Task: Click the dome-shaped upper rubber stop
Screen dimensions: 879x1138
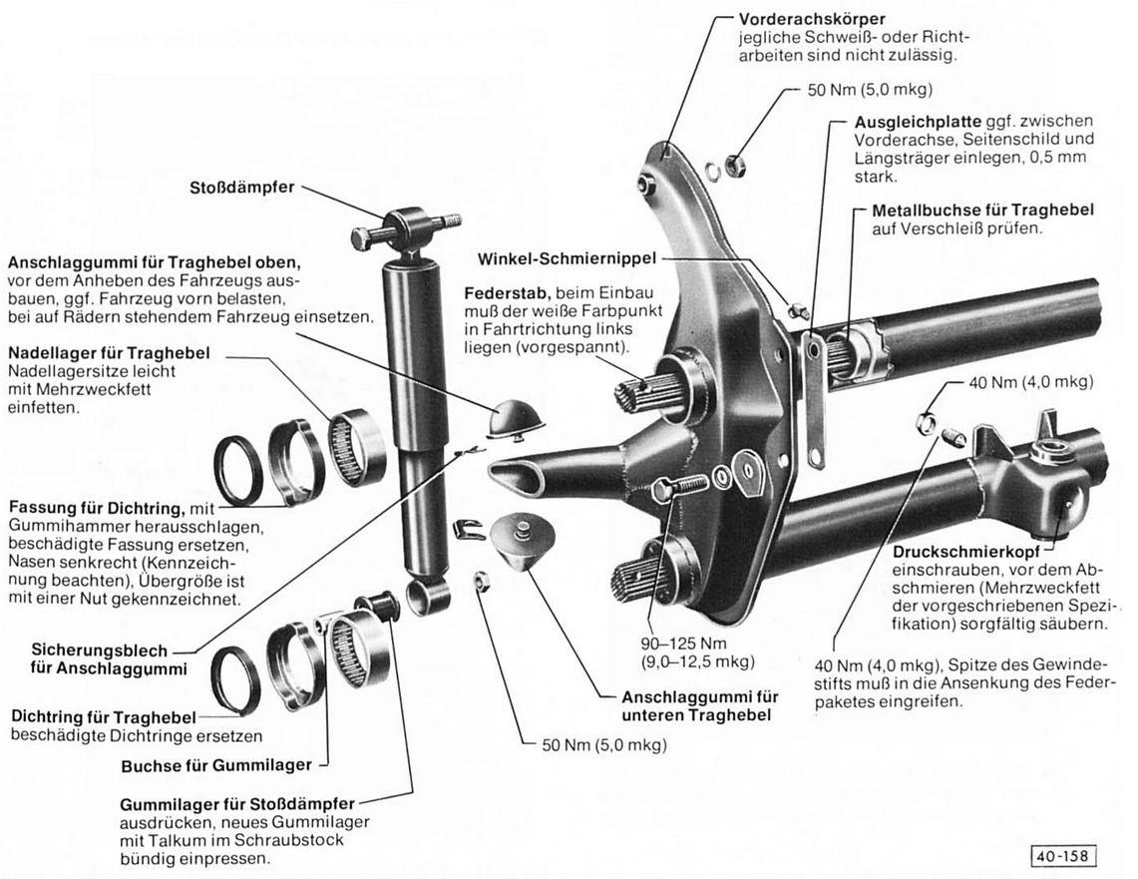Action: pos(516,413)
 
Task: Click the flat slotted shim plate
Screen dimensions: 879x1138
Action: pos(816,399)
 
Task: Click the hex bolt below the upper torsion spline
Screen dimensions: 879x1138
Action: pos(678,489)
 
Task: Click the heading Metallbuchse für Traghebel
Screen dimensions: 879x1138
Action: pos(982,211)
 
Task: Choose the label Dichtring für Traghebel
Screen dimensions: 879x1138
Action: pos(105,717)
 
